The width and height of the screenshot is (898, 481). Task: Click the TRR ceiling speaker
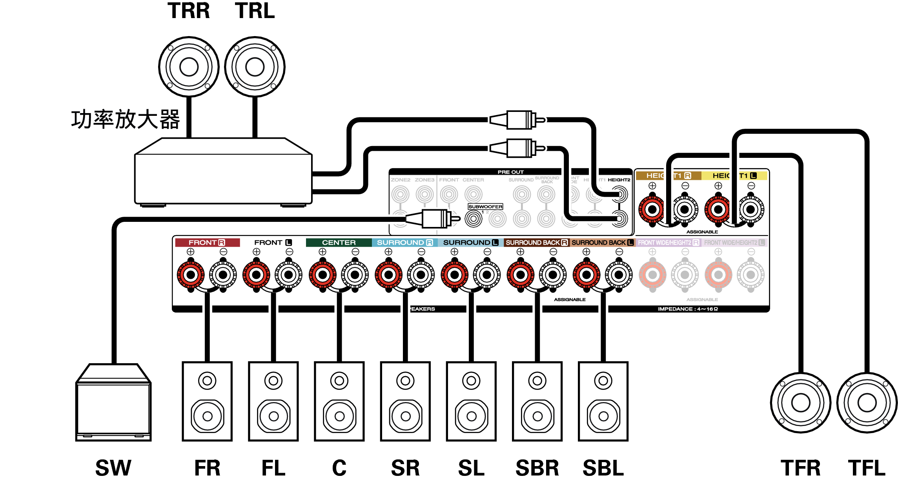(x=189, y=67)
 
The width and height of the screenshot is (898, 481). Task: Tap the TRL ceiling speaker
(x=255, y=67)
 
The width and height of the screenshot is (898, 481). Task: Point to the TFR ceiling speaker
(x=801, y=402)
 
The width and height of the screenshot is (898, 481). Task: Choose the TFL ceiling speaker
(x=867, y=402)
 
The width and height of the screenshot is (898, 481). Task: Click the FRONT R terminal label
(x=207, y=243)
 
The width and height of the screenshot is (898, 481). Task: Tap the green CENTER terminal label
(x=339, y=243)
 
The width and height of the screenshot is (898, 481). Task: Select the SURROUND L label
(x=470, y=243)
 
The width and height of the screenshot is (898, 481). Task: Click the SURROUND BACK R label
(x=536, y=243)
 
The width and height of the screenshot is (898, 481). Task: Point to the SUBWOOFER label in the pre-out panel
(x=485, y=207)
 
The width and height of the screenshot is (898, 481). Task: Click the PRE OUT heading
(x=510, y=172)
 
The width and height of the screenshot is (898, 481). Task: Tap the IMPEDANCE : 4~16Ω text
(x=688, y=309)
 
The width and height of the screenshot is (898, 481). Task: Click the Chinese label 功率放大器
(x=126, y=119)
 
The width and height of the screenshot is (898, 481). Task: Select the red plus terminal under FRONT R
(x=191, y=275)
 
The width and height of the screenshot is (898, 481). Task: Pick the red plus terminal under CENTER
(x=322, y=275)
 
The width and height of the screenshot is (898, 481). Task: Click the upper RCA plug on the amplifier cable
(x=518, y=120)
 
